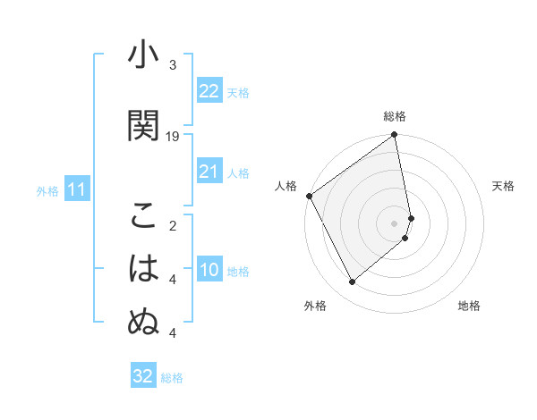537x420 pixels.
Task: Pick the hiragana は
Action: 143,269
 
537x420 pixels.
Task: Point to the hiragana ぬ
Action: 143,323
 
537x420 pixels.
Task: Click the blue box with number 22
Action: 209,90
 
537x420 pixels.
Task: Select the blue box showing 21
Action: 209,172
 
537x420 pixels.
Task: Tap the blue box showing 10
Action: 209,270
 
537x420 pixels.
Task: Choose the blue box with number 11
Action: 76,189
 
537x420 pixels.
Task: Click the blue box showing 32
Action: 142,376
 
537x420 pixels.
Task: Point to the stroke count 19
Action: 173,136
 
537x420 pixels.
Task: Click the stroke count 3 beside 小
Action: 173,65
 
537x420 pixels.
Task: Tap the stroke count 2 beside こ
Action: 173,226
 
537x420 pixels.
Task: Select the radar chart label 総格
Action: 395,116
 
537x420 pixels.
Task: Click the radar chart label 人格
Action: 286,186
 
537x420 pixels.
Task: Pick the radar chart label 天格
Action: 503,186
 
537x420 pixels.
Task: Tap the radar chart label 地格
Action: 469,306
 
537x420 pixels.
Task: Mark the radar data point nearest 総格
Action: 395,136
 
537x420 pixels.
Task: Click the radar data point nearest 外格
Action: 352,281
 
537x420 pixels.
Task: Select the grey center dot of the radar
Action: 395,223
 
